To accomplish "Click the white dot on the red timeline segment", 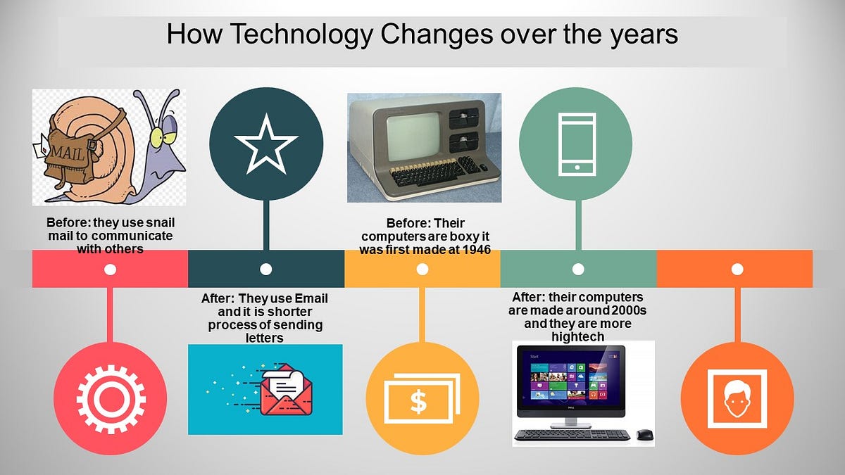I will tap(110, 269).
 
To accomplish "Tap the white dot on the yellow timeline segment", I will tap(423, 269).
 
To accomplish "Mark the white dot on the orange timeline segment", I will tap(737, 269).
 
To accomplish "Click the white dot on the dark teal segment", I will tap(266, 269).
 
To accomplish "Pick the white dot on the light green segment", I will tap(578, 269).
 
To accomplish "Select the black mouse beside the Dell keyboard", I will tap(644, 435).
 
